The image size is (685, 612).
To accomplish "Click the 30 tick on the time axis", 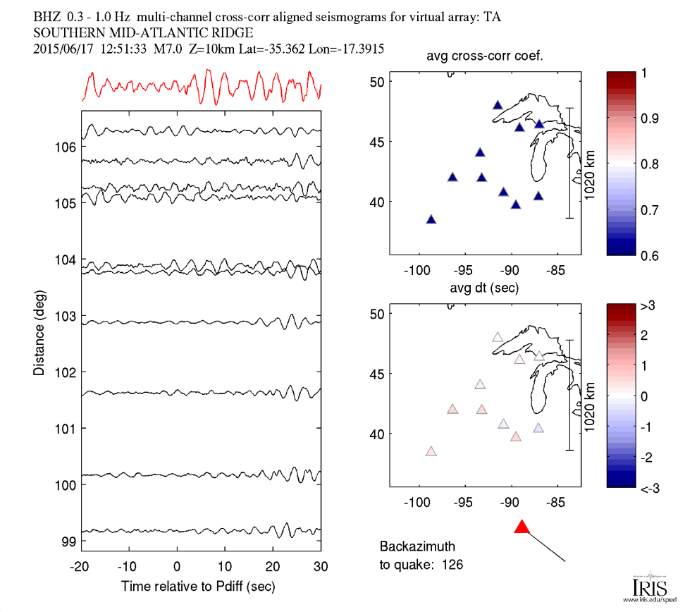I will coord(321,567).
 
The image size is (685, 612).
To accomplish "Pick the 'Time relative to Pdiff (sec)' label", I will coord(198,586).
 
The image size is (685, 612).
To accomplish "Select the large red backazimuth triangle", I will coord(522,527).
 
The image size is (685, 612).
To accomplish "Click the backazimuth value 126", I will coord(452,564).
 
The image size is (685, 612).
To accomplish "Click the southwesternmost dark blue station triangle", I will coord(431,219).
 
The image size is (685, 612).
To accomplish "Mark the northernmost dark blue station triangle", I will coord(498,105).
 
